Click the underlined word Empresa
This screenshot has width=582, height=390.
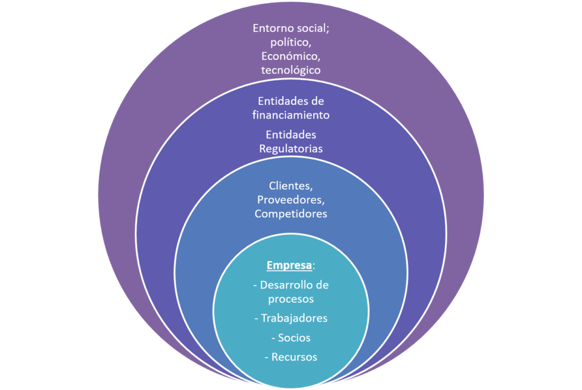pos(289,266)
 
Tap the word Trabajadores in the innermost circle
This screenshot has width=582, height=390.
pos(294,318)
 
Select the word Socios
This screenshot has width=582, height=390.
pos(294,338)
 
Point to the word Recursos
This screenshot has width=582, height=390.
pos(294,357)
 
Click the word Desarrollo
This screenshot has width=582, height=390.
pos(286,284)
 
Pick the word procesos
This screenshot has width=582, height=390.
pos(291,298)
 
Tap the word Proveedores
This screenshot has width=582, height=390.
pos(291,200)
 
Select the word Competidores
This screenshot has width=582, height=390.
pos(291,214)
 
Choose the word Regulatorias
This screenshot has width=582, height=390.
pos(291,149)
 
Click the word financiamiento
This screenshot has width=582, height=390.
pos(291,115)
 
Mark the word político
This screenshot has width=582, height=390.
pos(289,42)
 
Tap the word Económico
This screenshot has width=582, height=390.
pos(289,56)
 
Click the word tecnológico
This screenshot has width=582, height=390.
pos(291,71)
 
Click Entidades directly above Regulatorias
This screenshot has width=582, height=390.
pos(291,135)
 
